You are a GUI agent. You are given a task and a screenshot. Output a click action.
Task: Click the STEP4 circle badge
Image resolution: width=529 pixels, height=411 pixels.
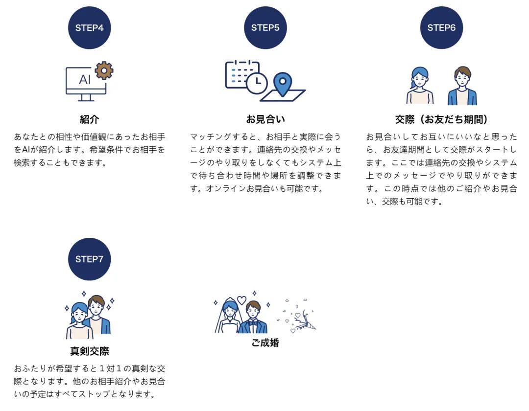click(90, 27)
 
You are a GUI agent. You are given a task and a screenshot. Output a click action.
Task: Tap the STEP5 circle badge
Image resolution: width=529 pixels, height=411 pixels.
click(265, 27)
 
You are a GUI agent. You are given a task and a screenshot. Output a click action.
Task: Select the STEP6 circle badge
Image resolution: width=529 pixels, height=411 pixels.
click(441, 27)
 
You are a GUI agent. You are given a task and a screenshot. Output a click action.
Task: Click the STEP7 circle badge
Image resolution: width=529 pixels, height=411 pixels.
click(90, 259)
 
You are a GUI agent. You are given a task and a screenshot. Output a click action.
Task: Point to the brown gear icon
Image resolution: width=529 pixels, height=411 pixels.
click(104, 70)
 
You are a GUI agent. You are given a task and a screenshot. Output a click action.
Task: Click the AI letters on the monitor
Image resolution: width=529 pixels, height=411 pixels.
click(85, 80)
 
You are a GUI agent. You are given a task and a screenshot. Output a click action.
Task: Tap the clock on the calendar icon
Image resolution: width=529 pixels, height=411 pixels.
click(257, 82)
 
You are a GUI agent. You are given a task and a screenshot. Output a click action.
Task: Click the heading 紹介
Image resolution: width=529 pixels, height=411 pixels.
click(90, 119)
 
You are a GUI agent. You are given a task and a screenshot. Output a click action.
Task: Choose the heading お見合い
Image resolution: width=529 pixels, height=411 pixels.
click(265, 119)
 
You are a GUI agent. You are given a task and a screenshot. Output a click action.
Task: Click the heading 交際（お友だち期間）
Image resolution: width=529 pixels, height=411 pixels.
click(441, 119)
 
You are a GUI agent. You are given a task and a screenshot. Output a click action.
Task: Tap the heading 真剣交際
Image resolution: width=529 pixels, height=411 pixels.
click(90, 351)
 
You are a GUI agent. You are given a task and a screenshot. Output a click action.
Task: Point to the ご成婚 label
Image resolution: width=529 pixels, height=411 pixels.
click(265, 342)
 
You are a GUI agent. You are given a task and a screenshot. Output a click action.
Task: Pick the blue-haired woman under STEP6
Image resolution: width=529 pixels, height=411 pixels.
click(420, 86)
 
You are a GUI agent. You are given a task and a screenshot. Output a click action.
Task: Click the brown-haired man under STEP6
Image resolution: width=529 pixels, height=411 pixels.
click(462, 86)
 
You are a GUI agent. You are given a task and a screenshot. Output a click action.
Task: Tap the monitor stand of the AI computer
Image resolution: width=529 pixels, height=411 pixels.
click(86, 98)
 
